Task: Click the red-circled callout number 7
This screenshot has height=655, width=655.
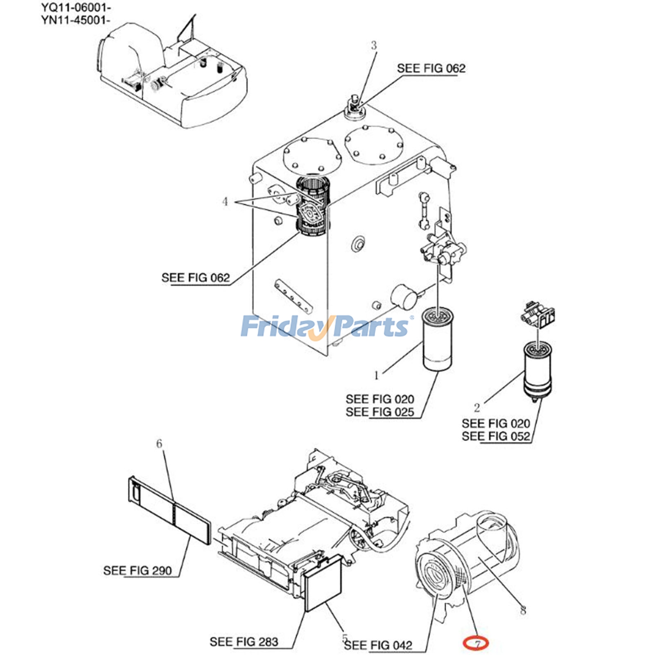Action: click(x=476, y=644)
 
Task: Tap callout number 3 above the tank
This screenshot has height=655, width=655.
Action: click(x=373, y=45)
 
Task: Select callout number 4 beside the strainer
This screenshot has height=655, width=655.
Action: click(x=225, y=201)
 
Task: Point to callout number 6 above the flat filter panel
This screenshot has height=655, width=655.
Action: click(x=159, y=443)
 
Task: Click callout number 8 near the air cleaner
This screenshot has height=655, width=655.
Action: click(x=523, y=611)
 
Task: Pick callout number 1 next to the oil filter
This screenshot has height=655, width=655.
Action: click(x=376, y=375)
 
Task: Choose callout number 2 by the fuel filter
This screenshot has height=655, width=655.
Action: click(x=477, y=407)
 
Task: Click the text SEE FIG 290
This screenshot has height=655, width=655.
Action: click(x=137, y=570)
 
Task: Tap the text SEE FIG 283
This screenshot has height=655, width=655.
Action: click(x=244, y=641)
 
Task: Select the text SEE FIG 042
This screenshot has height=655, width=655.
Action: click(x=378, y=646)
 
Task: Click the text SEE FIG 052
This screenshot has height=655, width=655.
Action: click(x=496, y=436)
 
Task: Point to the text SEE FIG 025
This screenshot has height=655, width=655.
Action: click(x=379, y=412)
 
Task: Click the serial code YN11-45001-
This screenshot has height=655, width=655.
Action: click(x=76, y=20)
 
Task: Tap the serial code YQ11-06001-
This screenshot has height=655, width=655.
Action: click(x=76, y=7)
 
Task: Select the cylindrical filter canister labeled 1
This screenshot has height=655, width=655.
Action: click(x=437, y=343)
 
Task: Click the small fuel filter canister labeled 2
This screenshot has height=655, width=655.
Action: click(x=538, y=370)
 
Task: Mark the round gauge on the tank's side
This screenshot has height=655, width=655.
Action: click(x=404, y=296)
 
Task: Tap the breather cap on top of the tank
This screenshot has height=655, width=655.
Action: click(x=354, y=108)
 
